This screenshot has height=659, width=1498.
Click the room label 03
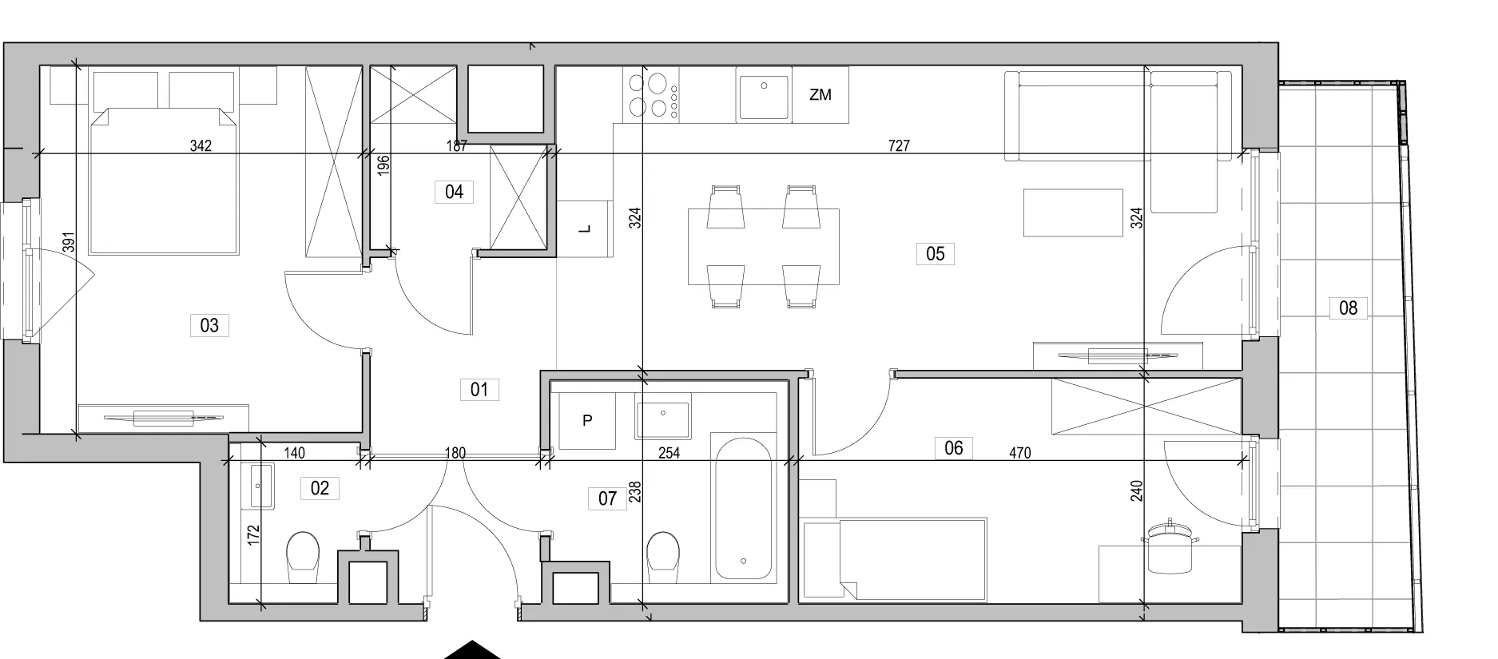(209, 325)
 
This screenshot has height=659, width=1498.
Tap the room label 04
(454, 192)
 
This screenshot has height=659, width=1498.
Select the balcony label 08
(1348, 308)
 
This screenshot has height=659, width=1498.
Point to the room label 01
(479, 390)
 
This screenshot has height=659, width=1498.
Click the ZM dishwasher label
(820, 94)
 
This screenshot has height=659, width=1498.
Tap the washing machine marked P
(587, 421)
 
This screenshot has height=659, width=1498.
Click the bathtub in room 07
(744, 506)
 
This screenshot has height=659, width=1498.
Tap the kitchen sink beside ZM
(765, 97)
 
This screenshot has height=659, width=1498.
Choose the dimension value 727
(899, 145)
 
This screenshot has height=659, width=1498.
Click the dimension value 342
(201, 145)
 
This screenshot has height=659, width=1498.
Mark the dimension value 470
(1019, 453)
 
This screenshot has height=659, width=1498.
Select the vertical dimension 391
(69, 242)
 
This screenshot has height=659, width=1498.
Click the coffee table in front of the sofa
(1073, 212)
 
